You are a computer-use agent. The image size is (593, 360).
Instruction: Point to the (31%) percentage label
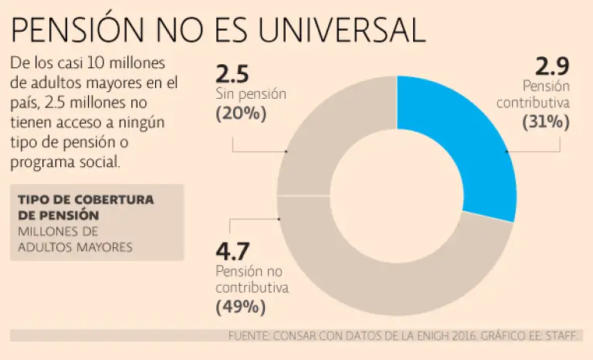point(546,121)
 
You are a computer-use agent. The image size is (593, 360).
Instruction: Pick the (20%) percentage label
point(241,113)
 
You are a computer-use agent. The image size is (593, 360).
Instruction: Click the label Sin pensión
point(251,94)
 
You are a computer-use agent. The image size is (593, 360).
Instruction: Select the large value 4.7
point(232,252)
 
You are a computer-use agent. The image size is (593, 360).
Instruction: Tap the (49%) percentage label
point(241,307)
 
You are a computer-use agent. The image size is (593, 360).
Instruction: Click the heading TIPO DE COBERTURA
point(85,199)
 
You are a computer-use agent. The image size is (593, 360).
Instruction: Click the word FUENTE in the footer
point(249,336)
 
